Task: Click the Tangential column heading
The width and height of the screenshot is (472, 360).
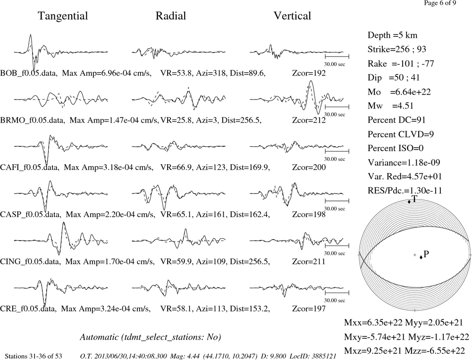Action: pos(63,16)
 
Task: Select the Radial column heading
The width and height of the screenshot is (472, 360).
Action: pos(171,16)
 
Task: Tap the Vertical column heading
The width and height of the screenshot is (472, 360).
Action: pos(292,16)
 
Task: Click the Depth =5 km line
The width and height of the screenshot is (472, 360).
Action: pos(393,35)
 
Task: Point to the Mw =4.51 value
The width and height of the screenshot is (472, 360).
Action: pos(391,106)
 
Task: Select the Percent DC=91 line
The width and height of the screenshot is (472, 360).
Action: pos(397,120)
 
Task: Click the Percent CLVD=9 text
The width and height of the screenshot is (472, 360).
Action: pos(401,134)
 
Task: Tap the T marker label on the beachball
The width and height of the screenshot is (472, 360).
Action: pos(414,199)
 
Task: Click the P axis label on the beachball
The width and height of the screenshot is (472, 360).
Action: pos(426,254)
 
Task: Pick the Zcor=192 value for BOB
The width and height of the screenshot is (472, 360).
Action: pos(309,73)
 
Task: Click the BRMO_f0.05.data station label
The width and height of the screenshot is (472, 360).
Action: pos(33,120)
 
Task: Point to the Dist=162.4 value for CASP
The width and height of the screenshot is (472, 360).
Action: pos(250,215)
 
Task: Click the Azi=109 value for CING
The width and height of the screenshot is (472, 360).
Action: pos(211,261)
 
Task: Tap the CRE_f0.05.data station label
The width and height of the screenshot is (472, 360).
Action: pos(28,309)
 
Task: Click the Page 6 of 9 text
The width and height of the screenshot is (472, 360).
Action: pos(440,3)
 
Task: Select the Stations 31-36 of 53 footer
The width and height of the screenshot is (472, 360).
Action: pos(34,356)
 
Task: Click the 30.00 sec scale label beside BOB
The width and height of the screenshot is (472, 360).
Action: pos(335,64)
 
